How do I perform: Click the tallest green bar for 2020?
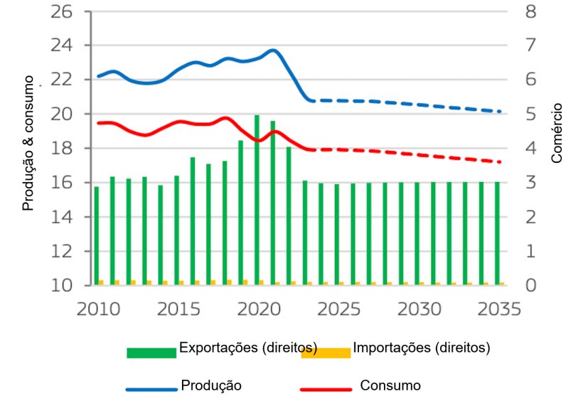coord(257,199)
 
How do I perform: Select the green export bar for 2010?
coord(97,235)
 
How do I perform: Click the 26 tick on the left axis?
coord(63,12)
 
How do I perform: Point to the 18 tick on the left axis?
coord(63,149)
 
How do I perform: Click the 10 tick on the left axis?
coord(63,285)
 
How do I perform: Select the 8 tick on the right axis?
coord(529,12)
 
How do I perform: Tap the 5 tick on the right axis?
coord(529,114)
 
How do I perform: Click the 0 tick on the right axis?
coord(529,285)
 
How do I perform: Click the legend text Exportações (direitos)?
coord(248,348)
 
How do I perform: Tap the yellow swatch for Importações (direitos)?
coord(326,353)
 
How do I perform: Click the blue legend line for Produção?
coord(151,390)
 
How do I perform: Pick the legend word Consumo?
coord(390,385)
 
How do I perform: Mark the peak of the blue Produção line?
coord(273,50)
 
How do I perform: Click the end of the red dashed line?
coord(500,162)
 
